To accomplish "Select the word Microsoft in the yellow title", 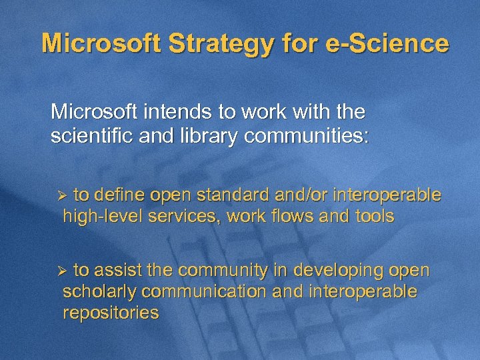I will [99, 43].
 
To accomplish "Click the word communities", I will [306, 136].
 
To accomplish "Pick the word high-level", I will [101, 217].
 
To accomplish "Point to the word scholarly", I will [100, 292].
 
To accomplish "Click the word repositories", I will [111, 313].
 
